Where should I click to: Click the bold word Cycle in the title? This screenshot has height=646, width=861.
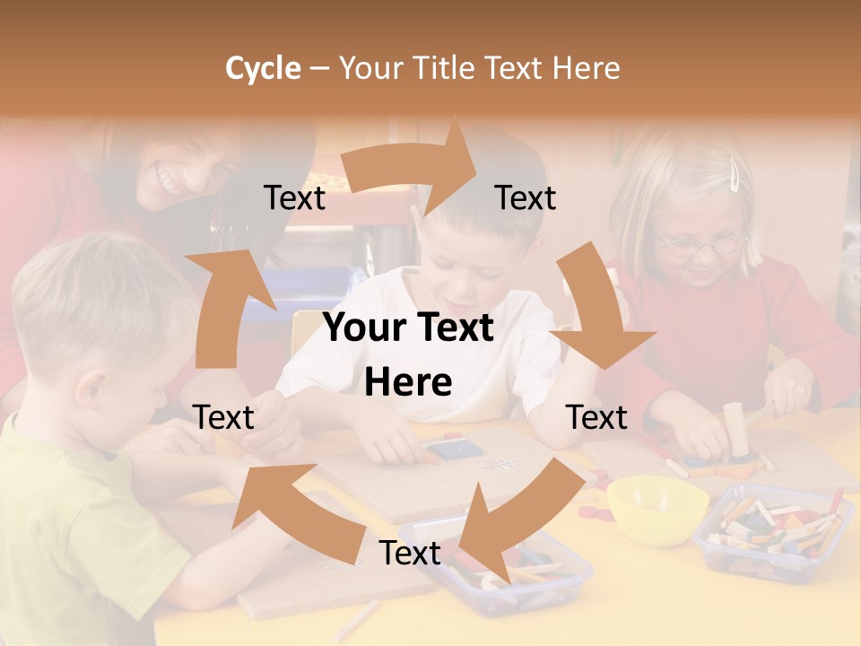(x=263, y=68)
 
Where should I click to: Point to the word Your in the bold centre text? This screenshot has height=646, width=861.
(x=366, y=327)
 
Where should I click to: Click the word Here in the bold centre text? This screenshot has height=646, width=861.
(x=408, y=383)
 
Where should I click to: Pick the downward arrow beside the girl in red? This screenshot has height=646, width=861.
(x=601, y=314)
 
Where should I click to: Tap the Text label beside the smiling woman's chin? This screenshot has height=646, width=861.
(x=294, y=198)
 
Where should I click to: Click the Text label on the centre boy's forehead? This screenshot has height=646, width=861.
(x=526, y=198)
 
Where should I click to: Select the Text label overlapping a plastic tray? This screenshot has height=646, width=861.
(x=410, y=554)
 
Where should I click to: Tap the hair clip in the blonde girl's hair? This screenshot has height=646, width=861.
(x=735, y=174)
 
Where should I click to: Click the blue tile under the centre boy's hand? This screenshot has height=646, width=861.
(x=447, y=448)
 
